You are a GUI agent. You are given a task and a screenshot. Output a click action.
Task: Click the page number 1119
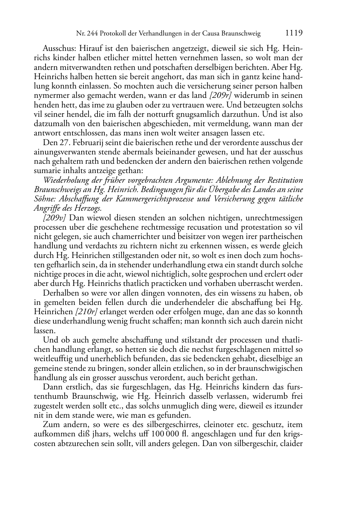tap(294, 33)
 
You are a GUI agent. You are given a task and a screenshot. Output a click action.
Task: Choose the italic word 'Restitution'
tap(285, 180)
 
